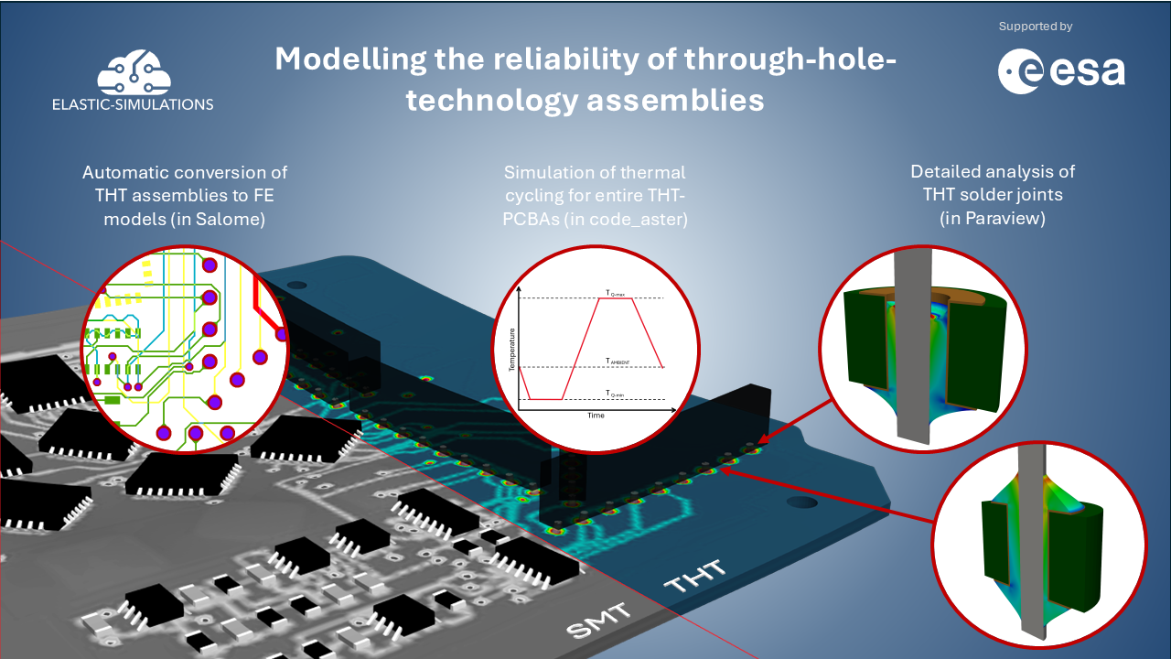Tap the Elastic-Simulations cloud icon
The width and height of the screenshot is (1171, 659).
coord(134,72)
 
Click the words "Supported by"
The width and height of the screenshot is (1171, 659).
coord(1036,27)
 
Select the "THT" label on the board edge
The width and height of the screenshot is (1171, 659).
coord(694,577)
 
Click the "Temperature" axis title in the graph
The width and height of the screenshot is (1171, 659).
coord(513,348)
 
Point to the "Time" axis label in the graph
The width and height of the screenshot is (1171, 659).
coord(596,415)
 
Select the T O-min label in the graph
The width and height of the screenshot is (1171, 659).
coord(615,393)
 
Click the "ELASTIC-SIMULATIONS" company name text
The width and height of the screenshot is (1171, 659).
coord(134,104)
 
